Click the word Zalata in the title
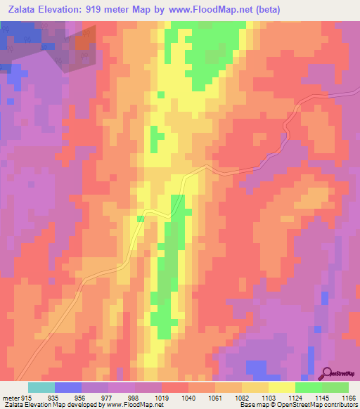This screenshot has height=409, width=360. pyautogui.click(x=23, y=9)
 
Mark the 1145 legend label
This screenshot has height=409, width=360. pyautogui.click(x=323, y=398)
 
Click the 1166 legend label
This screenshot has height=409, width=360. pyautogui.click(x=349, y=398)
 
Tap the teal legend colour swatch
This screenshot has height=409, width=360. pyautogui.click(x=41, y=387)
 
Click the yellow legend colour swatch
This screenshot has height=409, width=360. pyautogui.click(x=281, y=387)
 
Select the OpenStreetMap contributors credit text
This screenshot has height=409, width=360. pyautogui.click(x=321, y=405)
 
